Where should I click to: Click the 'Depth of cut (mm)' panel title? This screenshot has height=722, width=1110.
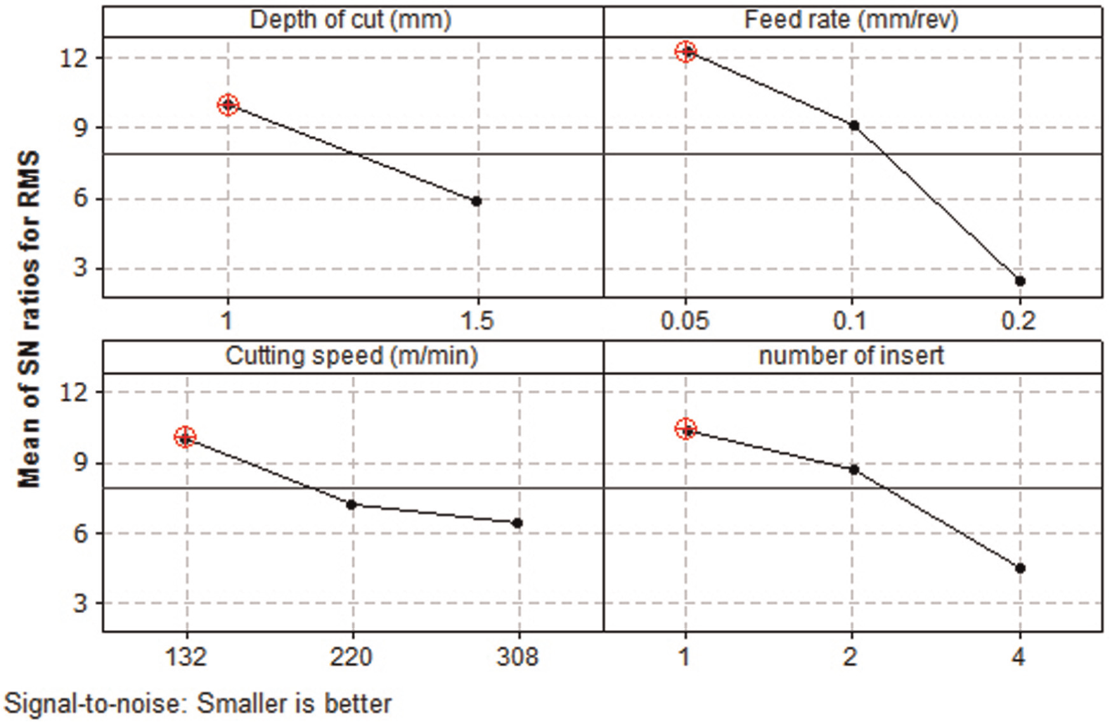coord(351,20)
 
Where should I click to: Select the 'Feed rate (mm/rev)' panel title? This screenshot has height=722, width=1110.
coord(851,20)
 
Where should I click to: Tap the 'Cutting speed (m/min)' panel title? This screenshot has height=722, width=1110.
coord(351,356)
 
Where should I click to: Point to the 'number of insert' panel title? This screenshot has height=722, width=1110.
coord(851,356)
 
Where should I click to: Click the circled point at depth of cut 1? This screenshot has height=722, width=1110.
coord(228,105)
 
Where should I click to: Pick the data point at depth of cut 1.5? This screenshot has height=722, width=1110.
coord(477,201)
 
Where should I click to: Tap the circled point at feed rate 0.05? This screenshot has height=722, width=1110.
coord(686,51)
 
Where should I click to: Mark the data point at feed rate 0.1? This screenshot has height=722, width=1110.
coord(854,126)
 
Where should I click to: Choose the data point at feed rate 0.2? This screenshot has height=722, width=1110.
coord(1020,281)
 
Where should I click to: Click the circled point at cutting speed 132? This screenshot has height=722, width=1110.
coord(185,437)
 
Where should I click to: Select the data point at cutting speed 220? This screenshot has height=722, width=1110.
coord(352,505)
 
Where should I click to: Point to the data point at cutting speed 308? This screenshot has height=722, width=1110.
coord(518,523)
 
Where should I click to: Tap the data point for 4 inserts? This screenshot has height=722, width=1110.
coord(1020,569)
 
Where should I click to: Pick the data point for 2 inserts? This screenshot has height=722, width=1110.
coord(854,470)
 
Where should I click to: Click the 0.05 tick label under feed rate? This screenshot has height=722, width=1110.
coord(685,321)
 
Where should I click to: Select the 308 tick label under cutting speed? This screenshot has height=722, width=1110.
coord(517,657)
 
